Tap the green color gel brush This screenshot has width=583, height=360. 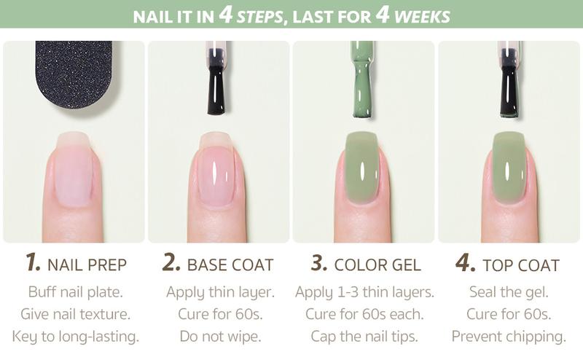[362, 80]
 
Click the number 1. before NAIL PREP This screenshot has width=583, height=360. [33, 263]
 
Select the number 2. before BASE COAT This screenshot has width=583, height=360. [171, 263]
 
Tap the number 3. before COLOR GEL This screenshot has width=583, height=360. [318, 263]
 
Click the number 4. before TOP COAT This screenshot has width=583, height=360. [464, 263]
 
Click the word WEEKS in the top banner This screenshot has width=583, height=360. [423, 15]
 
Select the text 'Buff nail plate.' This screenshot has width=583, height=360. [75, 292]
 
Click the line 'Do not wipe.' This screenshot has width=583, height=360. [219, 336]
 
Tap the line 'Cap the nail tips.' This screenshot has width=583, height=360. [364, 336]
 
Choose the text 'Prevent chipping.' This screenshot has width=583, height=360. [509, 336]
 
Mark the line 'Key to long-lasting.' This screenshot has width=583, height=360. [75, 336]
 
